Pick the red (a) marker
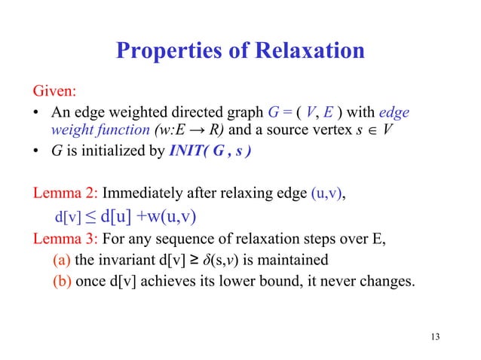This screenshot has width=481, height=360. (63, 261)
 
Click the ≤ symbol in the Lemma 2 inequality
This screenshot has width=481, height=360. (90, 218)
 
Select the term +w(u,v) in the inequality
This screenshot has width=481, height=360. (167, 218)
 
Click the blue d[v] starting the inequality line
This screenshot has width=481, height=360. (68, 218)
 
